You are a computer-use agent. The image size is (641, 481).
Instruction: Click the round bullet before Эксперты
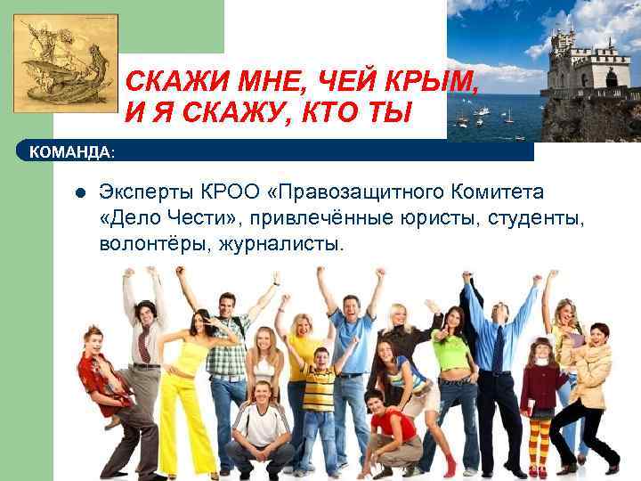pyautogui.click(x=78, y=192)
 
